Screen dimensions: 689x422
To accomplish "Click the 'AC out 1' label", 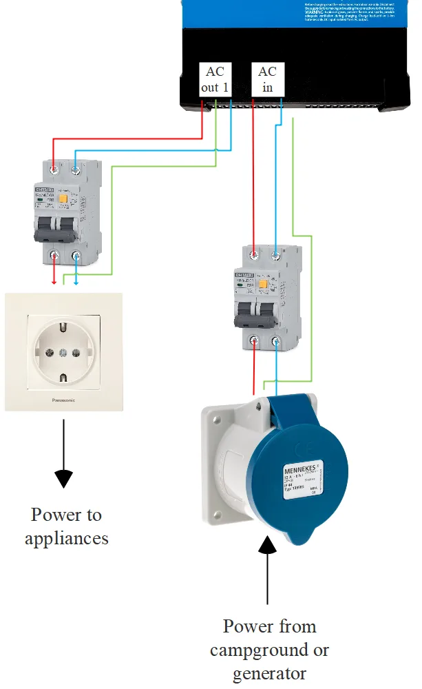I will coord(215,79).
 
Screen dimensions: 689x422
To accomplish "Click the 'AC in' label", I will coord(267,79).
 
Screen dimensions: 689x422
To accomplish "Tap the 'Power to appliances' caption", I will coord(66,526).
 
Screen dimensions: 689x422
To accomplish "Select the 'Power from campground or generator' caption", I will coord(269,649).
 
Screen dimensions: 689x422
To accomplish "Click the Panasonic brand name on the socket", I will coord(63,400).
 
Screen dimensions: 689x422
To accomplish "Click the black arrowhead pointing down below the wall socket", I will coord(63,477).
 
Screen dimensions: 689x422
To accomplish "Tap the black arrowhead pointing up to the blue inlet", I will coord(268,548).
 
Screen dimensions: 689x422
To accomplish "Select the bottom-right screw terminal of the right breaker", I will coord(276,342).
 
